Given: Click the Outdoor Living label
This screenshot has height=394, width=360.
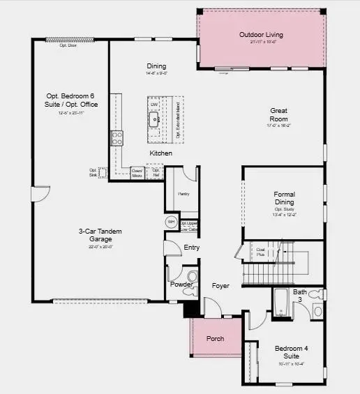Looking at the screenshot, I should coord(261,34).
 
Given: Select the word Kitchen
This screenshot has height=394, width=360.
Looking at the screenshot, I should coord(160,153).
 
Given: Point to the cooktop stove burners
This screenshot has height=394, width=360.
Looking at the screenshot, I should coord(116,138).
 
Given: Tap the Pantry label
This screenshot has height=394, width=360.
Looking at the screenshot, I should coord(184,193).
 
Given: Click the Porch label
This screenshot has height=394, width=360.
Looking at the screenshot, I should coord(215,339).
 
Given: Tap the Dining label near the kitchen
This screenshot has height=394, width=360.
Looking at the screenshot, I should coord(156,66).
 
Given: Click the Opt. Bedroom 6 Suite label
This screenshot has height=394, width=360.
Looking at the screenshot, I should coord(67,100).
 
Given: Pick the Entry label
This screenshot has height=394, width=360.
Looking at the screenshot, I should coord(192,248).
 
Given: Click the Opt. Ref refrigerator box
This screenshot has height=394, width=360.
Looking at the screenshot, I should coord(156,172).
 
